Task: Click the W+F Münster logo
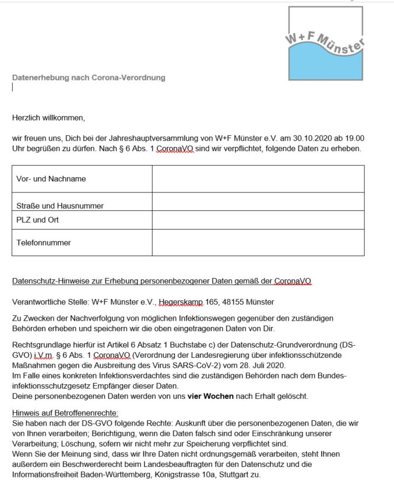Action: pos(325,44)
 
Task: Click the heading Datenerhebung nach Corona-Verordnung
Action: pos(89,78)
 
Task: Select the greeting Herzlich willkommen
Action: pos(48,118)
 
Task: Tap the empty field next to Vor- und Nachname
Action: pos(258,179)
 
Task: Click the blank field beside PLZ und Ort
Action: pos(258,220)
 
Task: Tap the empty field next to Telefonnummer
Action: pos(258,242)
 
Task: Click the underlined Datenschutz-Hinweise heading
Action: pos(161,281)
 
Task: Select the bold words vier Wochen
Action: pos(210,396)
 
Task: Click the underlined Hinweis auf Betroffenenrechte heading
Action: pos(65,413)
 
